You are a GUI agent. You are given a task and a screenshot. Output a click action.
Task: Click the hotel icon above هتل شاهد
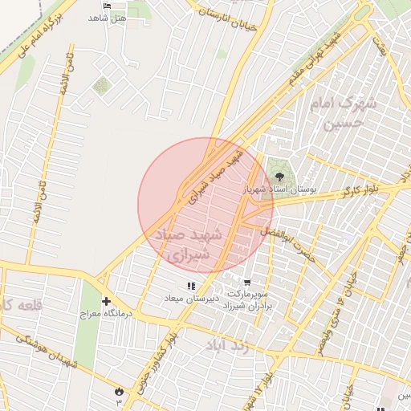tap(108, 6)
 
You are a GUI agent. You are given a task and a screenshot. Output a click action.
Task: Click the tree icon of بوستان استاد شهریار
tap(280, 177)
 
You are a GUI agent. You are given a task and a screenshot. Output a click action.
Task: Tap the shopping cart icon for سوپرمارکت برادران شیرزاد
tap(246, 283)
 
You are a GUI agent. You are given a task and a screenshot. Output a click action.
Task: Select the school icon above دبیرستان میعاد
tap(191, 286)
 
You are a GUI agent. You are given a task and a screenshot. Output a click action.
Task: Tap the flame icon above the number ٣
tap(120, 390)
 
